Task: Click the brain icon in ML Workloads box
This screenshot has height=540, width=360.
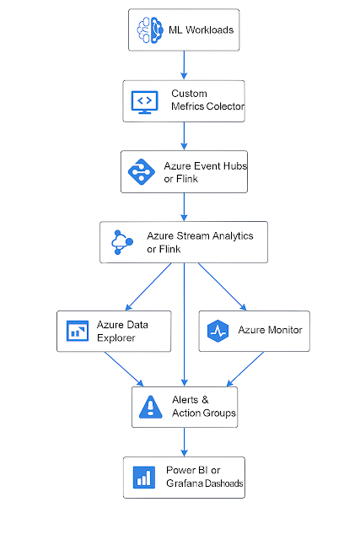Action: coord(150,30)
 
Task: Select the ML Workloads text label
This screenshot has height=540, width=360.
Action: coord(201,30)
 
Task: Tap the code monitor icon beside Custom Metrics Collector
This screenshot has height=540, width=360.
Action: coord(144,102)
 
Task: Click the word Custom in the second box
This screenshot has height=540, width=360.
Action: coord(189,94)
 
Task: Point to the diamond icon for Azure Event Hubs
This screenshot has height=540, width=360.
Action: coord(141,171)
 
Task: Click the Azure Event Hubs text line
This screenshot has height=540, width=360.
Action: coord(206,166)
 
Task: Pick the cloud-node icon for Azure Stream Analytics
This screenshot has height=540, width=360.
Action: coord(122,242)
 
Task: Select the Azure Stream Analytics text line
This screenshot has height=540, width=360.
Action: coord(200,236)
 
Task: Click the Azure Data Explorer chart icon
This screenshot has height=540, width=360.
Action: coord(78,331)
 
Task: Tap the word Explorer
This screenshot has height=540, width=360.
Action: coord(116,337)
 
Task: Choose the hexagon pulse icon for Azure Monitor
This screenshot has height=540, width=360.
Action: coord(218,331)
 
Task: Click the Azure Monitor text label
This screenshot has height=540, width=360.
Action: coord(270,330)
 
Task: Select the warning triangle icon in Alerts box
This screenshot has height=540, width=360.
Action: coord(150,407)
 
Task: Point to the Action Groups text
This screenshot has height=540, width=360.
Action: coord(204,413)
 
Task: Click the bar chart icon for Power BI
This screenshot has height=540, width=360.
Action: coord(144,478)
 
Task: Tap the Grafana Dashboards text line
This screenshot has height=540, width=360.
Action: coord(204,483)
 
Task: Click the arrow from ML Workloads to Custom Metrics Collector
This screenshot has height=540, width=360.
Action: coord(184,65)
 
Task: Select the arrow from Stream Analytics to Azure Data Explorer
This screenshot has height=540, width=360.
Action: coord(148,287)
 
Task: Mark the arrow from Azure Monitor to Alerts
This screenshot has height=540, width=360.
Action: coord(245,370)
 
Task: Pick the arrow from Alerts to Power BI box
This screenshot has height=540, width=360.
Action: coord(184,442)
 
